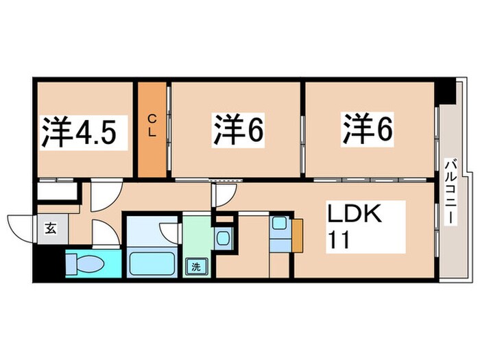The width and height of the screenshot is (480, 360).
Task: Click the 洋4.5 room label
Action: point(84,132)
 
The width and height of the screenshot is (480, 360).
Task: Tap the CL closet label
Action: point(152,128)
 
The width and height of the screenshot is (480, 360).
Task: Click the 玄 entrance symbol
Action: point(51,229)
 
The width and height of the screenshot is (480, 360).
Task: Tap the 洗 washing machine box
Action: point(196,266)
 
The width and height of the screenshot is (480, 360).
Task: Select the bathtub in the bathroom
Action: point(152,263)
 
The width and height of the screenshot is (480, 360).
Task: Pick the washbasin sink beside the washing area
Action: point(222,239)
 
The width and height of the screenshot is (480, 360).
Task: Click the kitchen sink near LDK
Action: point(280,224)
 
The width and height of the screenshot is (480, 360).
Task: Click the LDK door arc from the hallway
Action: point(223,195)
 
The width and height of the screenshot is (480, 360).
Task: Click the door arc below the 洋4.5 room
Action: point(103,195)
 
